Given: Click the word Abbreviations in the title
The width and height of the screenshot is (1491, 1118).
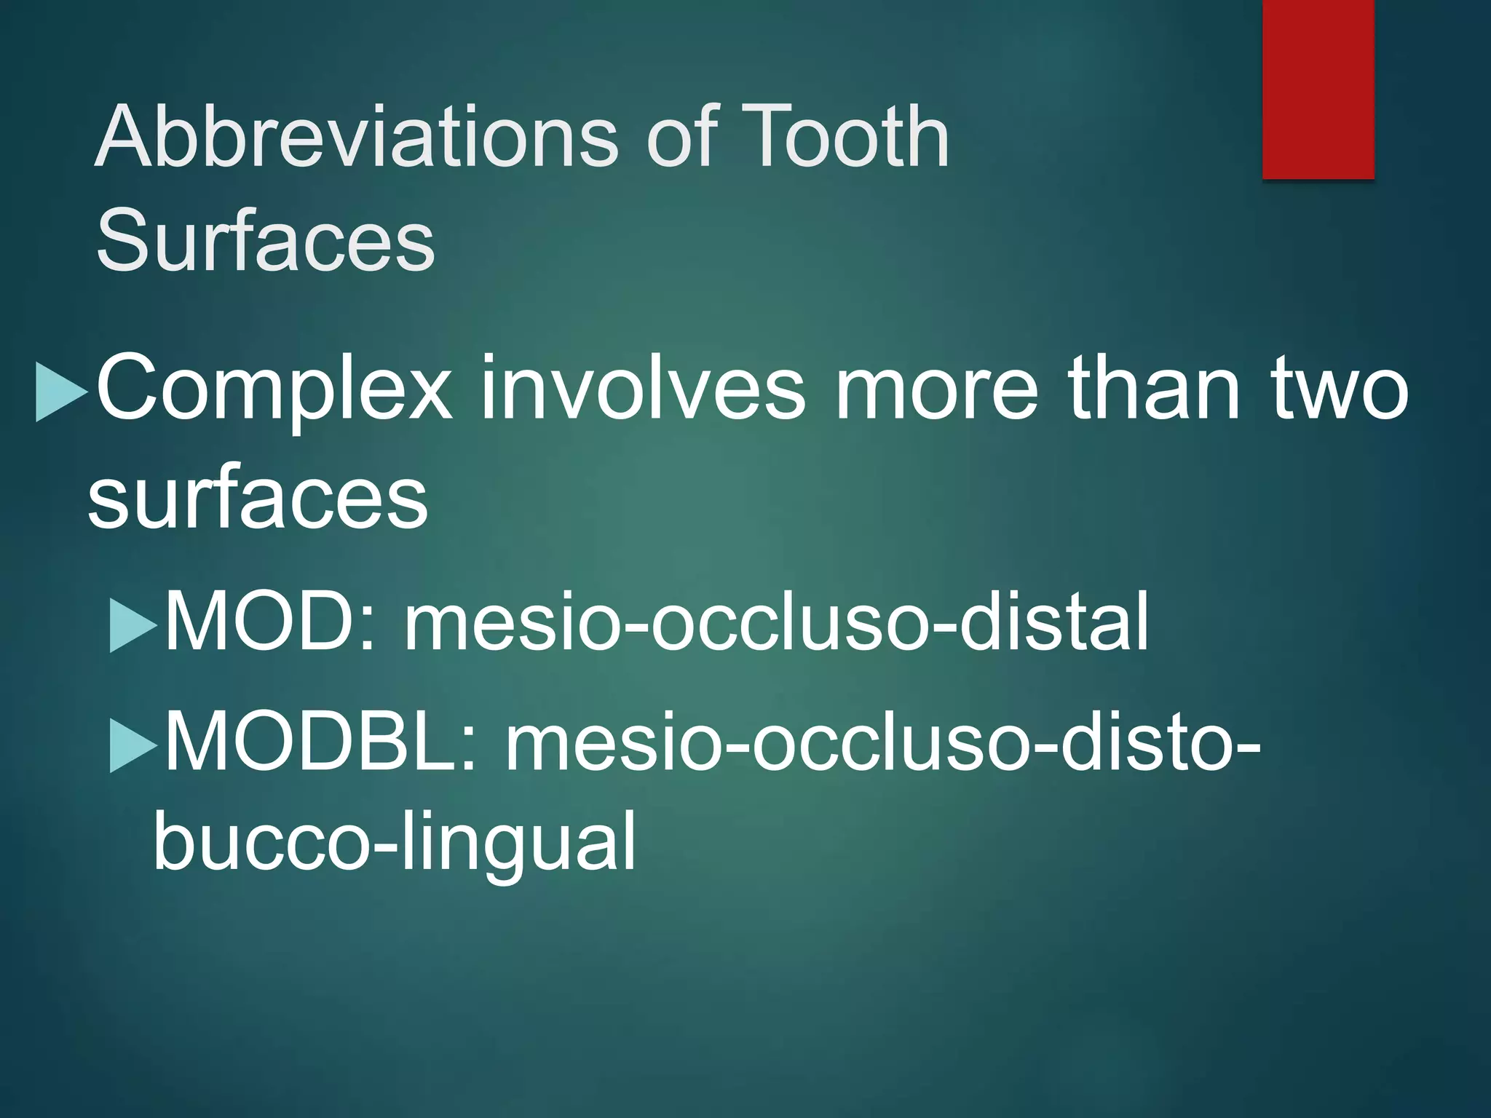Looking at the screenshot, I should click(357, 136).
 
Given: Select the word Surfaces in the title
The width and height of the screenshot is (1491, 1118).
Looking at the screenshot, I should click(266, 239).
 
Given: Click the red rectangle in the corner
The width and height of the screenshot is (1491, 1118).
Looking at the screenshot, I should click(1318, 89).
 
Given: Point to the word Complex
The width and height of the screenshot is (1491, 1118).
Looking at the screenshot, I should click(274, 389).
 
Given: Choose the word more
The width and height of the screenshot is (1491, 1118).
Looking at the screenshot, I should click(936, 389).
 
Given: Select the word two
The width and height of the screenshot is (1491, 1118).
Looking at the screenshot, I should click(1340, 389).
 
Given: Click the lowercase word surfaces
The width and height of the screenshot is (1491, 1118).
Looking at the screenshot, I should click(258, 499).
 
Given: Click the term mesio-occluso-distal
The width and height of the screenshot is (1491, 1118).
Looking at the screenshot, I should click(776, 621).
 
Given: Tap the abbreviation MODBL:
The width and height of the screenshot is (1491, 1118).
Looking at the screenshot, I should click(321, 742).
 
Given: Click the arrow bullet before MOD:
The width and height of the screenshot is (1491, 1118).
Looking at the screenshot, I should click(133, 625).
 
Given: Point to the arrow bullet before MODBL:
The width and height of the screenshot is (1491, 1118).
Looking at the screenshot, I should click(133, 745).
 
